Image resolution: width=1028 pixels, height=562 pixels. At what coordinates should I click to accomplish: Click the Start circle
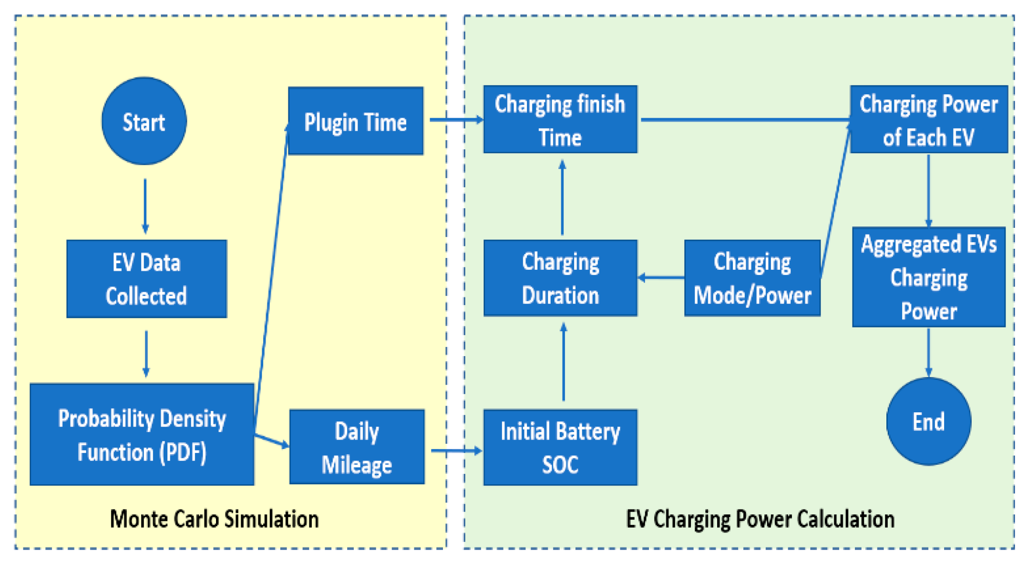[x=144, y=121]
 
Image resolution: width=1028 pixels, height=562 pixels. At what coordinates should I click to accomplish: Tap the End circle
[x=928, y=421]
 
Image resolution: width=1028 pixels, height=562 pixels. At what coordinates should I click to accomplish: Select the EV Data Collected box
[x=146, y=279]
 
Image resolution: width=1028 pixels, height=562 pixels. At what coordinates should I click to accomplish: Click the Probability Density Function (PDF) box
[x=142, y=434]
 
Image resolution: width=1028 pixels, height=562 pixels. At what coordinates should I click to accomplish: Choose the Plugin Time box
[x=355, y=121]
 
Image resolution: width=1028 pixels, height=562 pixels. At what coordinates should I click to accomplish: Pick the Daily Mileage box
[x=357, y=447]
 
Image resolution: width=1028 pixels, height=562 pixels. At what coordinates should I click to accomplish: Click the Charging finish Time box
[x=560, y=120]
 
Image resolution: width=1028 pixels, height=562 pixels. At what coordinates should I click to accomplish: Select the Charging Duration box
[x=560, y=278]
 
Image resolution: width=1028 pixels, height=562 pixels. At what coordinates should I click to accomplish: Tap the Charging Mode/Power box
[x=752, y=278]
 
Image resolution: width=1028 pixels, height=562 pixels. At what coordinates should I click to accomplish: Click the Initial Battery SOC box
[x=560, y=447]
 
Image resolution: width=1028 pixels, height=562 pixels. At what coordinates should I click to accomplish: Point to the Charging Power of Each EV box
[x=928, y=120]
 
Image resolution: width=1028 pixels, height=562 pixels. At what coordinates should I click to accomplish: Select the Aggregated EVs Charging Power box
[x=928, y=277]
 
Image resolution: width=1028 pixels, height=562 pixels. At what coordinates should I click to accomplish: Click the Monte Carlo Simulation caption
[x=214, y=519]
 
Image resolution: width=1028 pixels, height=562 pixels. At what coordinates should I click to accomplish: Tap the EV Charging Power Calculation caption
[x=760, y=519]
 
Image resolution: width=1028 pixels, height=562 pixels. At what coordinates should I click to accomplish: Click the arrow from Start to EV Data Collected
[x=145, y=205]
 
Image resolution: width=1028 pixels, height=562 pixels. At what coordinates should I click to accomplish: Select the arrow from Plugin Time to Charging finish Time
[x=455, y=120]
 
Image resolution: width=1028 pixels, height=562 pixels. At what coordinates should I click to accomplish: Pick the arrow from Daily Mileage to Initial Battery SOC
[x=455, y=450]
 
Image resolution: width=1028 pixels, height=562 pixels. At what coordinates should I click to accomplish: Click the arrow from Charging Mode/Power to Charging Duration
[x=661, y=277]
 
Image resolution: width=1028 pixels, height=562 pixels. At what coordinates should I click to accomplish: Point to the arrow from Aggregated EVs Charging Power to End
[x=928, y=352]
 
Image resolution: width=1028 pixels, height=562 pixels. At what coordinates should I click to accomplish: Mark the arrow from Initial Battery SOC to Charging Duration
[x=563, y=362]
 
